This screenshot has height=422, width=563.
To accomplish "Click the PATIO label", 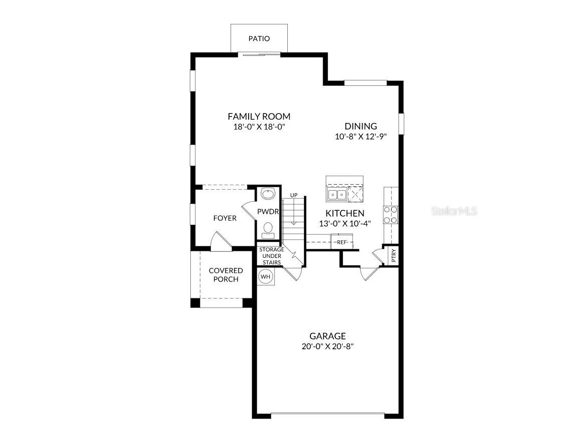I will pos(259,39).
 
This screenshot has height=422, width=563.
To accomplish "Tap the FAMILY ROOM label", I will pos(259,116).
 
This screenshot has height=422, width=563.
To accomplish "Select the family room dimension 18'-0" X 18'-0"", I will pos(259,127).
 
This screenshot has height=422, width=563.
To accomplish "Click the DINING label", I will pos(361,126).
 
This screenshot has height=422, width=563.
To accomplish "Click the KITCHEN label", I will pos(345,213).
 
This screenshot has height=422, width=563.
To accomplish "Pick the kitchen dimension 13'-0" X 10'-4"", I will pos(345,223).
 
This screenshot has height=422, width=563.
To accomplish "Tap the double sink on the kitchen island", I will pos(336,194).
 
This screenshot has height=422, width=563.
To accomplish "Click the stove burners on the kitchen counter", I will pos(391,214).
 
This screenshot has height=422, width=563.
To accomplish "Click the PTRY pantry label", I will pos(394,256).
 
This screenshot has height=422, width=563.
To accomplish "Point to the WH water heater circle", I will pos(265,276).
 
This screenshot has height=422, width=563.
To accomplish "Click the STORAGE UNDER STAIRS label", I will pos(271,256).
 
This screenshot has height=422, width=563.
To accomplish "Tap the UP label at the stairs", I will pos(293,195).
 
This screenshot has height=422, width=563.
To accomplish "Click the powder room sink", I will pos(268,193).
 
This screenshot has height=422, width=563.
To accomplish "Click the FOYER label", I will pos(224,218).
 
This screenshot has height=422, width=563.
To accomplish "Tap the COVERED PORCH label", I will pos(226,275).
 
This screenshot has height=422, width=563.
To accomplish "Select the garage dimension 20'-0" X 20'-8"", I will pos(327,346).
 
